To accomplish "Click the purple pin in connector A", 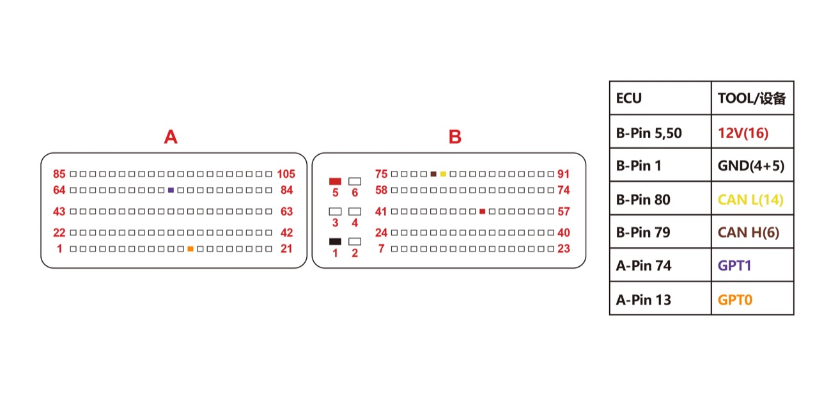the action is pyautogui.click(x=171, y=191).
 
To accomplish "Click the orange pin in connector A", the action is pyautogui.click(x=190, y=249).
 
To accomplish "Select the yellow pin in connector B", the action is pyautogui.click(x=443, y=174).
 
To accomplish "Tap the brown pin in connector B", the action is pyautogui.click(x=433, y=174).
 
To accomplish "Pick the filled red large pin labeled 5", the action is pyautogui.click(x=335, y=181).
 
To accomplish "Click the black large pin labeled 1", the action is pyautogui.click(x=335, y=242).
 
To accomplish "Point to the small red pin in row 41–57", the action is pyautogui.click(x=482, y=211).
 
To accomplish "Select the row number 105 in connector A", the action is pyautogui.click(x=286, y=174).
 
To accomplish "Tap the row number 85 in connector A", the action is pyautogui.click(x=59, y=174).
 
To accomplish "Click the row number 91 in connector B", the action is pyautogui.click(x=564, y=174).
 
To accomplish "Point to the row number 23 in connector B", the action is pyautogui.click(x=564, y=249).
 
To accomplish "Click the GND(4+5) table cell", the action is pyautogui.click(x=753, y=165).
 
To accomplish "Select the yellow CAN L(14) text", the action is pyautogui.click(x=750, y=200).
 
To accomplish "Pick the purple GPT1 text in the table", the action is pyautogui.click(x=734, y=265).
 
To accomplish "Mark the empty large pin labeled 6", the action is pyautogui.click(x=355, y=181).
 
